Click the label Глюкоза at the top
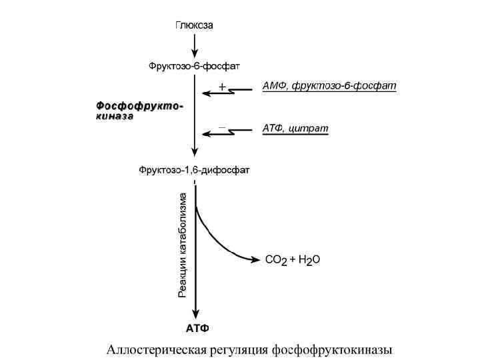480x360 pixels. (x=194, y=25)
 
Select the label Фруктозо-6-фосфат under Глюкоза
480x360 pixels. (x=194, y=66)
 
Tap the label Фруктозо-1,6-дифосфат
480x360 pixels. (x=194, y=170)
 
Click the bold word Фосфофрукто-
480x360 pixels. (x=139, y=105)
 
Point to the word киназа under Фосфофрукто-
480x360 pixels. (x=114, y=115)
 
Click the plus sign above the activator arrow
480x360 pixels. (x=223, y=87)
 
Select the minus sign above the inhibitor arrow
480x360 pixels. (x=223, y=126)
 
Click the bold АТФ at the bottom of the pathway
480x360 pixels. (x=197, y=329)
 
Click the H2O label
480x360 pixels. (x=308, y=261)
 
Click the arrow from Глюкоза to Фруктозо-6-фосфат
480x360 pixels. (x=195, y=45)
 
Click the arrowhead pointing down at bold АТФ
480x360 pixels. (x=195, y=315)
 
